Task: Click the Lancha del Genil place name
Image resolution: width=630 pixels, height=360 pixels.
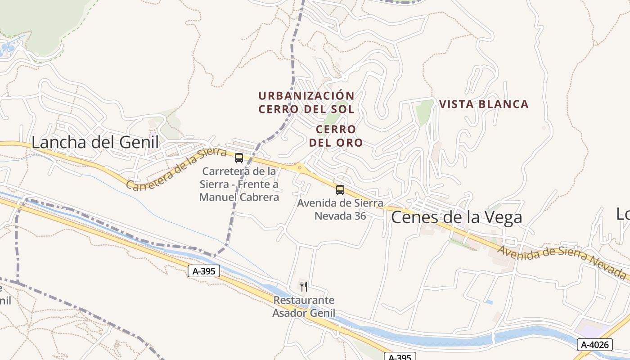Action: point(95,142)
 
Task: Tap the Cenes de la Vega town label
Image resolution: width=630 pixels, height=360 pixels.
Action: point(456,217)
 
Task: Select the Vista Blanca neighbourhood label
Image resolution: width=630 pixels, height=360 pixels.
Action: point(484,104)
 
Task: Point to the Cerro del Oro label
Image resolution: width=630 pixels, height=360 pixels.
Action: point(336,136)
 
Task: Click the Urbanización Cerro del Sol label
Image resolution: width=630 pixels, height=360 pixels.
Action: point(306,102)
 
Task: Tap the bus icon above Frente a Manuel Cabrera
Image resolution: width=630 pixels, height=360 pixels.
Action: point(239,158)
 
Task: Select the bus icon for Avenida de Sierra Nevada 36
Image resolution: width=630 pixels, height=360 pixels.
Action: point(340,190)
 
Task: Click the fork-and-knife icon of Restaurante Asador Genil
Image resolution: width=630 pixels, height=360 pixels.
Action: point(304,286)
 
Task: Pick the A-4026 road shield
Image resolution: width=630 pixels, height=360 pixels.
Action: point(594,345)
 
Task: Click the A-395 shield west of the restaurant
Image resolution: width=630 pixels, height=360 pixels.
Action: point(204,271)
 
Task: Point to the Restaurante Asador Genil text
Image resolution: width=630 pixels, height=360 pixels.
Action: point(304,306)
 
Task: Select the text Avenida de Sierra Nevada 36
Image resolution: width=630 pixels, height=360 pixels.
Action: point(340,209)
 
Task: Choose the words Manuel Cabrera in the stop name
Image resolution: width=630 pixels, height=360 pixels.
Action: point(239,197)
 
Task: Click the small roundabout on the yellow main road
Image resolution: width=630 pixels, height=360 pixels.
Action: point(300,168)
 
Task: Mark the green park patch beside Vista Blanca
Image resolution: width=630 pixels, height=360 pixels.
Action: point(423,112)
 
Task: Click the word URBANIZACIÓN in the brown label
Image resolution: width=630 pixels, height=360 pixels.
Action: point(306,96)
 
